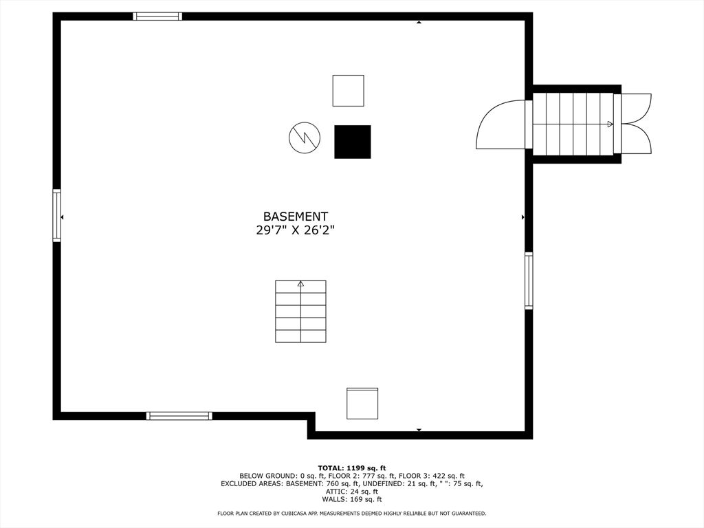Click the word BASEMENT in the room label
point(296,217)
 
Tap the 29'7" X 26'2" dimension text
point(296,230)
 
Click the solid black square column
point(353,142)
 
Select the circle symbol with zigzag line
point(305,137)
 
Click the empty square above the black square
point(348,91)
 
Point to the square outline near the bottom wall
point(362,403)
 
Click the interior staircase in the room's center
point(301,311)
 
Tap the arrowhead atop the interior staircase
point(301,283)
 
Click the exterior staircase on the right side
point(573,124)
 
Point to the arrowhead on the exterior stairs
point(610,124)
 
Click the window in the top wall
point(157,16)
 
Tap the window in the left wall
point(56,215)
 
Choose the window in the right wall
point(529,280)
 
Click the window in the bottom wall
point(179,416)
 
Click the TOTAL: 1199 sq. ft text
point(352,467)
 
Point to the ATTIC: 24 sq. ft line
point(352,492)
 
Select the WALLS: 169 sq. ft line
point(352,499)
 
